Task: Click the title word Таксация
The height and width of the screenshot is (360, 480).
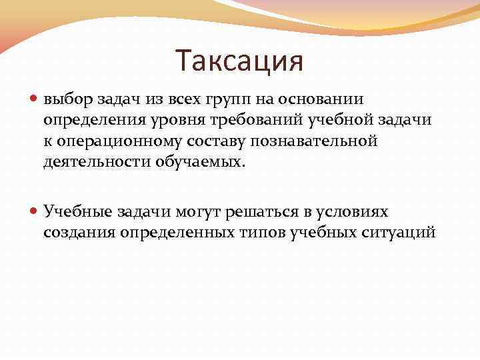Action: [240, 61]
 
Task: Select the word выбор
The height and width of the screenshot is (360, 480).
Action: [65, 100]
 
